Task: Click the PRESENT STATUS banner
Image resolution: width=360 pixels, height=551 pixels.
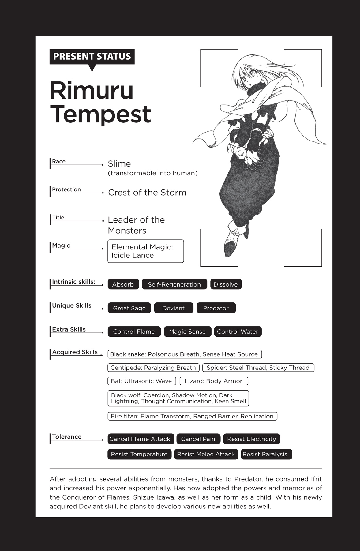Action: click(92, 57)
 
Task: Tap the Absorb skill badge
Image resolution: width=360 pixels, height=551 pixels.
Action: click(123, 284)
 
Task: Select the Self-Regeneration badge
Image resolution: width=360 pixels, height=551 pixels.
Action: click(174, 284)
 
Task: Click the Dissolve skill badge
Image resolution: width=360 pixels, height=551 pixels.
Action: click(226, 284)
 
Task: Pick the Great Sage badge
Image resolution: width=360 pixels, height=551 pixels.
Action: click(129, 308)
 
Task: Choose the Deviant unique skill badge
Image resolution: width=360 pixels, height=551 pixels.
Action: click(173, 308)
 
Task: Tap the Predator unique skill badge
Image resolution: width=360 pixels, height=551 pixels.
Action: click(216, 308)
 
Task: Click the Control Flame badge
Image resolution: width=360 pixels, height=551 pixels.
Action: click(134, 332)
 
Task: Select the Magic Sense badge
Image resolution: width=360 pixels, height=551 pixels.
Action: click(187, 332)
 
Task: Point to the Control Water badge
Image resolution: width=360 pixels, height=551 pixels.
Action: click(238, 332)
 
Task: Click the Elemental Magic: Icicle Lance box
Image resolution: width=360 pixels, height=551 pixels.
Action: click(145, 251)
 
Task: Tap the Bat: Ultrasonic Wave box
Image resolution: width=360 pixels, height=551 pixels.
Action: click(141, 381)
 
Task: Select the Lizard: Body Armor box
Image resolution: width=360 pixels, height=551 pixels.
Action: click(213, 381)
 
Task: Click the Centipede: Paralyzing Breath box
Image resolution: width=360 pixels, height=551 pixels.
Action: click(153, 368)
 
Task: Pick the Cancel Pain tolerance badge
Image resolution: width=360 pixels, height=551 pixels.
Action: click(198, 439)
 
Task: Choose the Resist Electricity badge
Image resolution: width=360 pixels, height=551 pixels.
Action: click(251, 439)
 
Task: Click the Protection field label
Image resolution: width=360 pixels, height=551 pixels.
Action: click(66, 189)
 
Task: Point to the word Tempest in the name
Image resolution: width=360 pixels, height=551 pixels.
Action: click(100, 114)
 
